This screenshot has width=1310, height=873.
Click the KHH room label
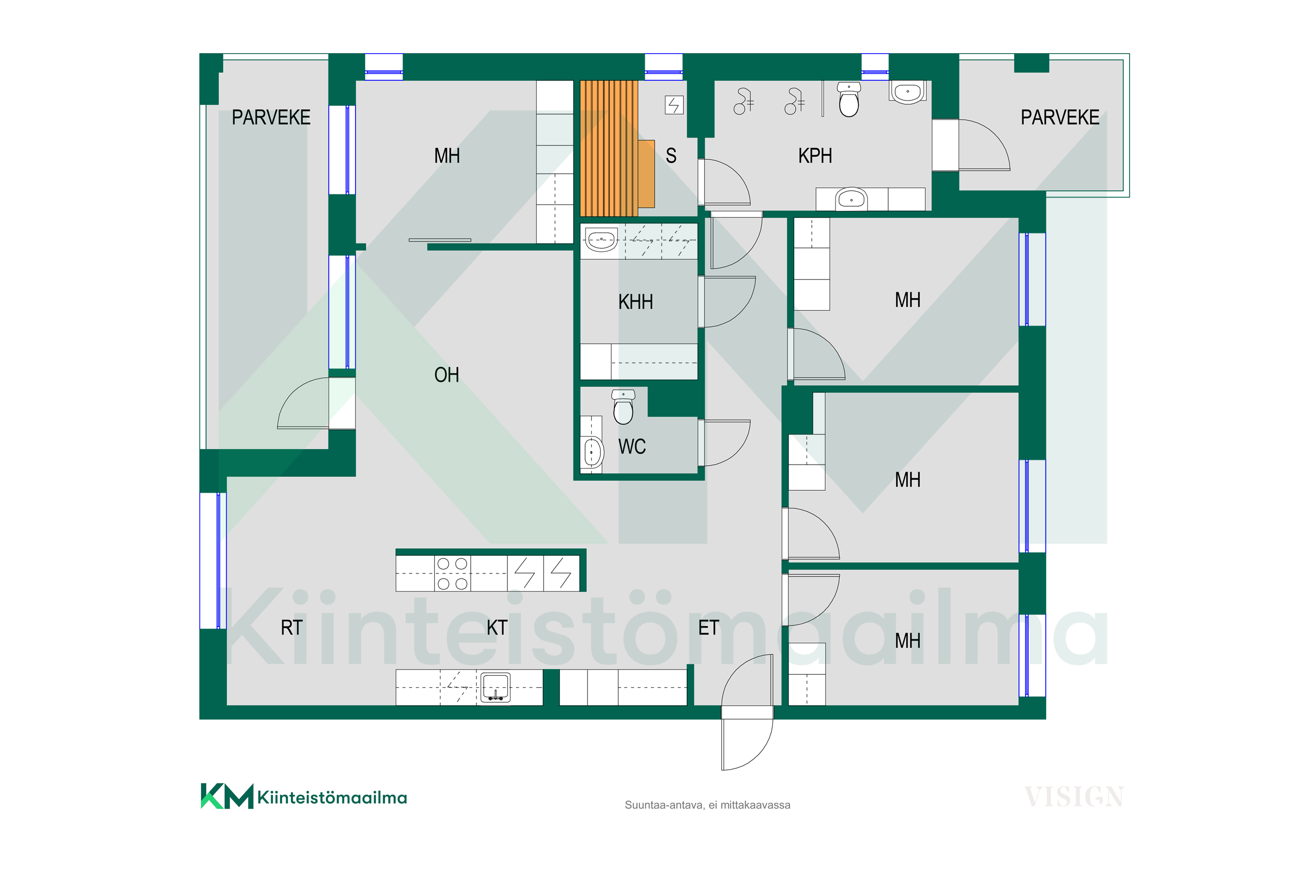click(x=635, y=302)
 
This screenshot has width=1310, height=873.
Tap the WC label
click(x=632, y=447)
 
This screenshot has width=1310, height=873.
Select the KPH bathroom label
click(x=815, y=156)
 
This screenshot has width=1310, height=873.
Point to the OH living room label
click(x=447, y=375)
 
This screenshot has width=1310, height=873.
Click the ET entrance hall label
click(x=708, y=628)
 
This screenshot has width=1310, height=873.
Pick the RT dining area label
click(x=291, y=628)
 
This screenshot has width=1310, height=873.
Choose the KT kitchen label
click(x=497, y=628)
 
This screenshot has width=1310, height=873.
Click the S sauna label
click(x=671, y=156)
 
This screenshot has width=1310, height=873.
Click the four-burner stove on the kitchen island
click(x=452, y=574)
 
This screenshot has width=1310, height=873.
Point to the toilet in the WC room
click(x=623, y=407)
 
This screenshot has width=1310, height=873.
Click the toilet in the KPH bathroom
click(x=849, y=100)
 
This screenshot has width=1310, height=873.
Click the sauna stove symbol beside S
click(x=674, y=105)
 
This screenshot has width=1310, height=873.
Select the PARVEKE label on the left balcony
click(x=271, y=117)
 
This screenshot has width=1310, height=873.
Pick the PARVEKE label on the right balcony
click(x=1060, y=117)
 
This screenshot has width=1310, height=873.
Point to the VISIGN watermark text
click(x=1074, y=797)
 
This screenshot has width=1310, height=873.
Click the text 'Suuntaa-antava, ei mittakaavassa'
click(x=707, y=805)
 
